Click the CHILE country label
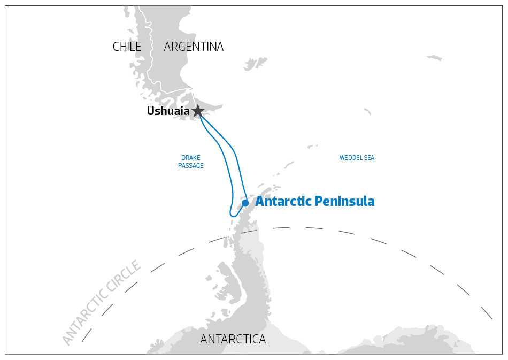127,47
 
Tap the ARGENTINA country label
194,47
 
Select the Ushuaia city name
168,111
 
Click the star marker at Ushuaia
198,111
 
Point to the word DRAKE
191,158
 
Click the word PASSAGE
191,166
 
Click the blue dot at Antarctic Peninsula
245,203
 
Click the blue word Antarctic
283,202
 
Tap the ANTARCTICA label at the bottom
233,339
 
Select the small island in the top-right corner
434,58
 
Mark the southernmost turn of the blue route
234,216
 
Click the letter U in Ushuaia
151,111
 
